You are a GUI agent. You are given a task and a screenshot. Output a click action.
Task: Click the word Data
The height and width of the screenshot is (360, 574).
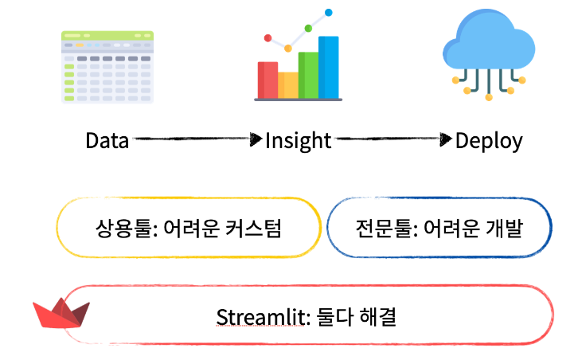[x=107, y=141]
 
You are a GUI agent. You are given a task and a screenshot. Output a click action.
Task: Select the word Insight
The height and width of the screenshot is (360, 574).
[x=298, y=141]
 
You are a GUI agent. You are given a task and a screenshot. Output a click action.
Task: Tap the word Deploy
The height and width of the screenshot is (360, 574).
[x=489, y=141]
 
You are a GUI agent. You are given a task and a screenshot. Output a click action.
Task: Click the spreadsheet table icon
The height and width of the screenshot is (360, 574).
[x=107, y=67]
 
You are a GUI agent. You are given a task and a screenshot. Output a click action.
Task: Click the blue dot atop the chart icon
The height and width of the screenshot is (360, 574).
[x=328, y=13]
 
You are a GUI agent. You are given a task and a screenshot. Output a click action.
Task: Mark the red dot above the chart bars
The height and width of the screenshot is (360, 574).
[x=268, y=37]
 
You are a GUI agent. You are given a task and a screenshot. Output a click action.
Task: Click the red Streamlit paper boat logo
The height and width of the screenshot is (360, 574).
[x=61, y=312]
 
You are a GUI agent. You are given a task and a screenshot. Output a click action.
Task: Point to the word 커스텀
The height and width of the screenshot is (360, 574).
[x=256, y=229]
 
